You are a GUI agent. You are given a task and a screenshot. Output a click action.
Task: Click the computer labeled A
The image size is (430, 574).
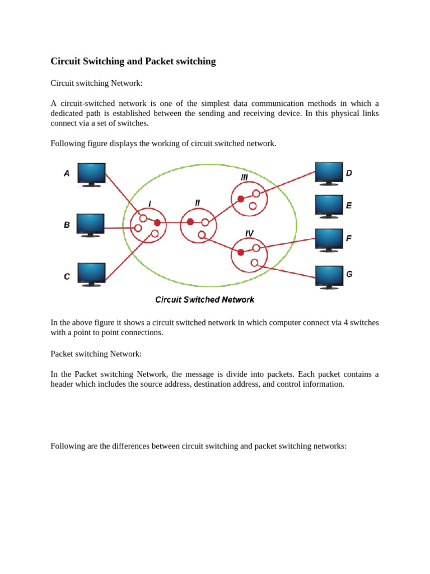pos(91,174)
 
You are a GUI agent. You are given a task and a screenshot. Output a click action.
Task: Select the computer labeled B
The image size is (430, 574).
pos(90,225)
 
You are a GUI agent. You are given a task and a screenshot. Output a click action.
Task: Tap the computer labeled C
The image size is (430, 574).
pos(91,274)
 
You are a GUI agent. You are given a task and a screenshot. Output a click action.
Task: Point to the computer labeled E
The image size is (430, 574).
pos(329,206)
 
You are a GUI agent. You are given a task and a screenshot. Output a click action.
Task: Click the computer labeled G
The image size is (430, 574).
pos(329,277)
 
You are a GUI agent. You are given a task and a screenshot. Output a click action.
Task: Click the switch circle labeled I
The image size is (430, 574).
pos(148,226)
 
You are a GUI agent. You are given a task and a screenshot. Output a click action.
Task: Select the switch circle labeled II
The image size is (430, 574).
pos(198,226)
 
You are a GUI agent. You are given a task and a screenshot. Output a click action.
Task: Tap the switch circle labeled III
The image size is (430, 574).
pos(249,198)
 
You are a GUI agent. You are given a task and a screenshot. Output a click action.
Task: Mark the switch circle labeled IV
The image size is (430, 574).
pos(249,255)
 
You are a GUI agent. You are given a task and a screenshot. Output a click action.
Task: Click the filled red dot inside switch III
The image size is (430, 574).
pos(241,199)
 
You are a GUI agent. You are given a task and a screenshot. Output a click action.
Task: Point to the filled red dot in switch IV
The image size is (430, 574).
pos(241,252)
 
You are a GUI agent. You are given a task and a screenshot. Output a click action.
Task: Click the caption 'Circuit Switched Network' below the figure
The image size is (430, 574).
pos(204,300)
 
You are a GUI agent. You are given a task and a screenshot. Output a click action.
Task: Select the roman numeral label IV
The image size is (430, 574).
pos(249,233)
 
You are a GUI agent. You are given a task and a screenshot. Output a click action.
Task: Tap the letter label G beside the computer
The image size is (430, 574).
pos(349,274)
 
